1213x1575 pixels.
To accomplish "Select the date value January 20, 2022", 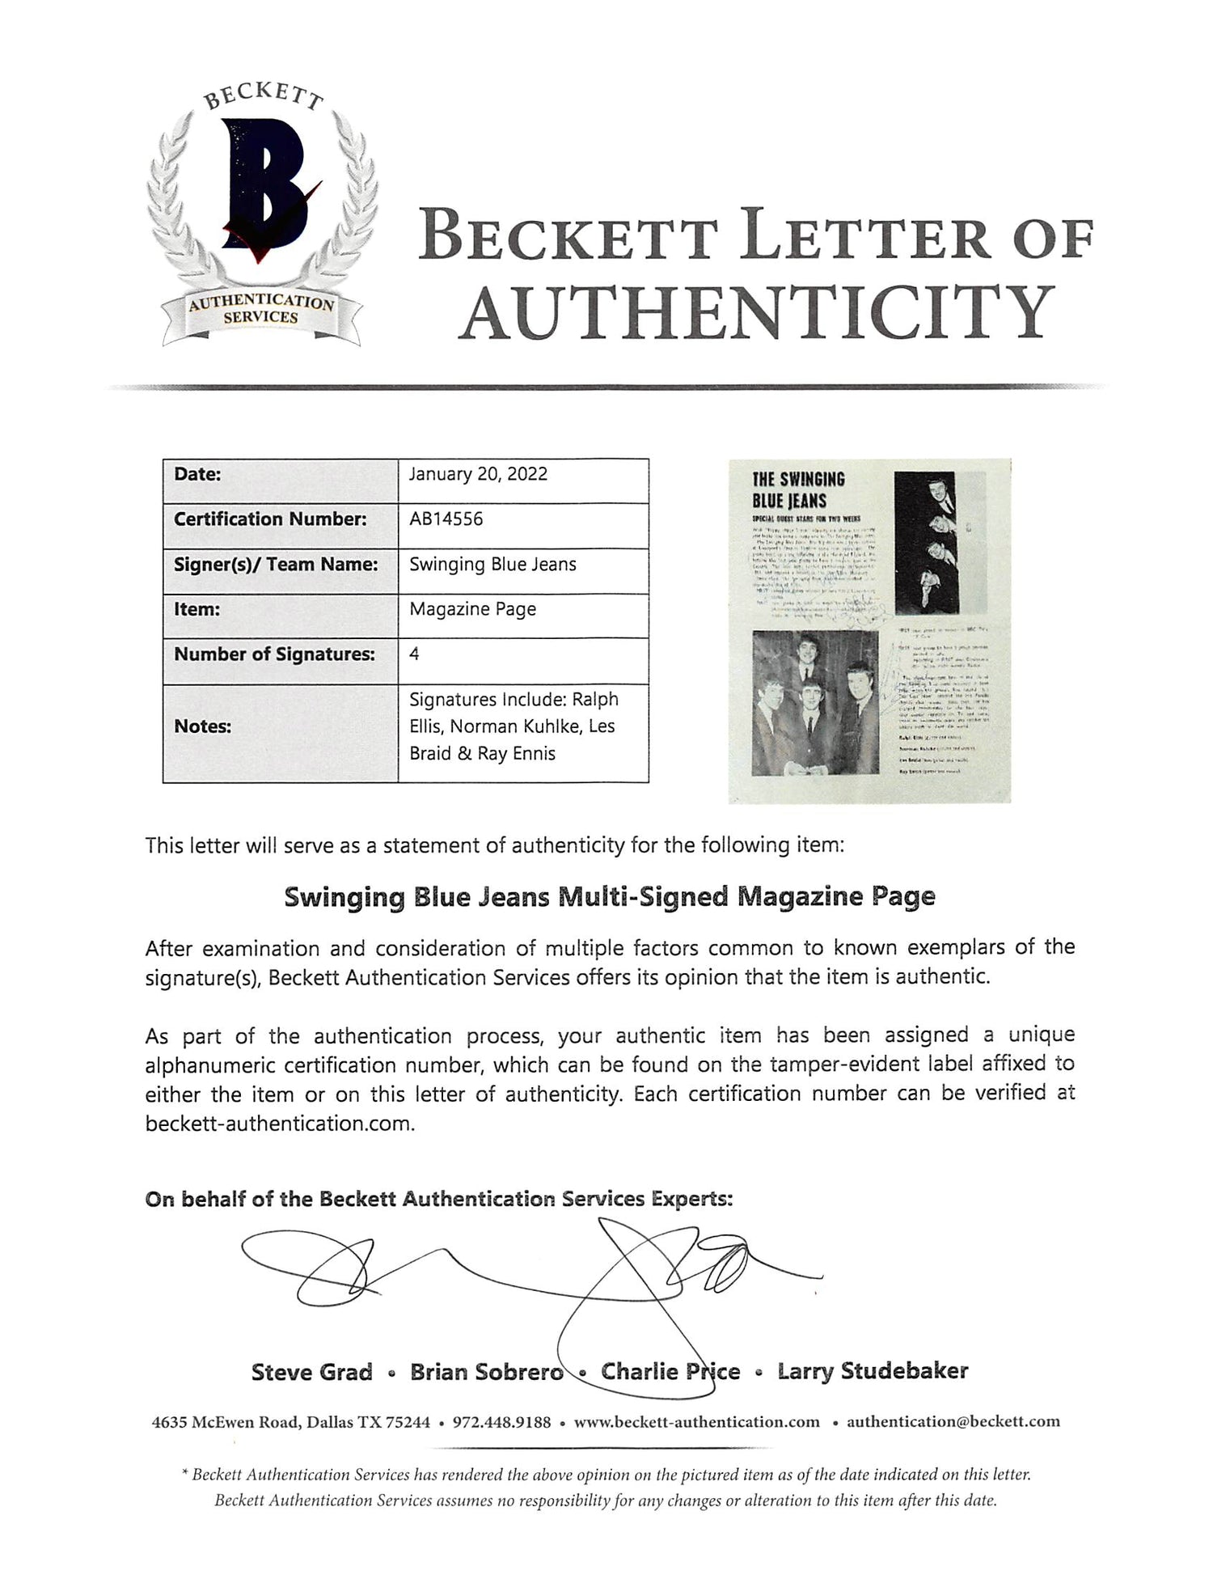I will tap(478, 474).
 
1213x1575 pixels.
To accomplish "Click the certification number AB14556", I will tap(446, 519).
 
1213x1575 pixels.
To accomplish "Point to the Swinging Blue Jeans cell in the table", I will tap(492, 564).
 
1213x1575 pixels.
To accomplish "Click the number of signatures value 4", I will tap(414, 654).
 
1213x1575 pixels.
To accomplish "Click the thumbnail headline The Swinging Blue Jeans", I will tap(799, 489).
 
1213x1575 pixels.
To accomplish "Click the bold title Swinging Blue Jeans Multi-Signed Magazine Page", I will tap(609, 897).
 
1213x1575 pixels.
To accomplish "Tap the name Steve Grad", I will tap(311, 1371).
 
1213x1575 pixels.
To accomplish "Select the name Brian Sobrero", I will tap(486, 1371).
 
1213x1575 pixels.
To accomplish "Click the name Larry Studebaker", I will tap(873, 1371).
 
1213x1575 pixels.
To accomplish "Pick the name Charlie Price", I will tap(670, 1371).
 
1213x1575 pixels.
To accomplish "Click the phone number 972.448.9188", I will tap(501, 1422).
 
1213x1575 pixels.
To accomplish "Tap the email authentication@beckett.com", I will tap(953, 1422).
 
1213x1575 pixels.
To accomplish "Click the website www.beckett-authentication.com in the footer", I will tap(696, 1422).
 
